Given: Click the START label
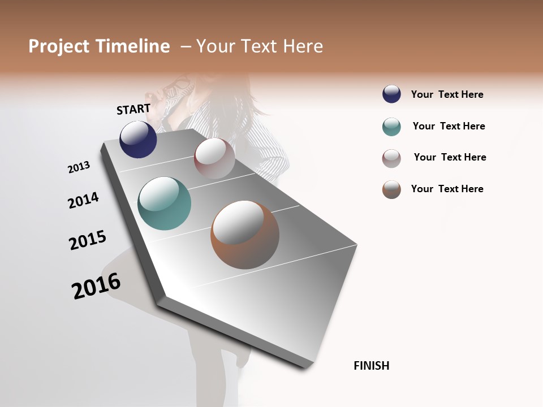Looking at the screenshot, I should coord(133,109).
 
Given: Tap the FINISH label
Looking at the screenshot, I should coord(372,366).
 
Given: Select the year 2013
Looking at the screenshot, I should coord(79,167).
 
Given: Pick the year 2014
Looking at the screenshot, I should coord(83,200).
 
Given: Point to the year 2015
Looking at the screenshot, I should coord(88,240).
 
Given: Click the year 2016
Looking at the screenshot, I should coord(96,285).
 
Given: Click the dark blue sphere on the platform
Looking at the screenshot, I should coord(138,139).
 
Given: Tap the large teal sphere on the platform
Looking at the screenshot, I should coord(164,203).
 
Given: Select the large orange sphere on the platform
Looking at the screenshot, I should coord(245,235).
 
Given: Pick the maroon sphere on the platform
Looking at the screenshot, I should coord(214,158).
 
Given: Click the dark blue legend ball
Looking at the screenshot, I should coord(391,94).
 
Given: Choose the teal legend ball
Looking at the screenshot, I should coord(391,127).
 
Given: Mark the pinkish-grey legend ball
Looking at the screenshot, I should coord(391,158).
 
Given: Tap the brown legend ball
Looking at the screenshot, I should coord(391,189).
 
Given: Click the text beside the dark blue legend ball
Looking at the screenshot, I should coord(447,94).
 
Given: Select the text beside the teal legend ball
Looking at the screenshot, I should coord(449,126).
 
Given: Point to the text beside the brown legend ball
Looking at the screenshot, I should coord(447,189).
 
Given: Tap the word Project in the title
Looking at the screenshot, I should coord(59,46).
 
